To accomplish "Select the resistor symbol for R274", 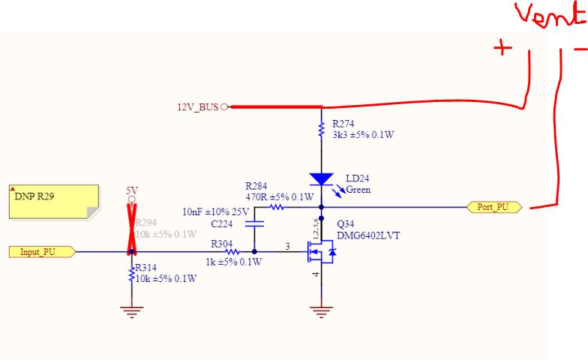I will coord(321,128).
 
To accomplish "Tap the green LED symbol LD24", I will coord(321,179).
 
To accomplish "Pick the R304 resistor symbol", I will coord(232,252).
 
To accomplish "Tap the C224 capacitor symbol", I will coord(254,223).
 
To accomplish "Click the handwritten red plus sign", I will coord(502,48).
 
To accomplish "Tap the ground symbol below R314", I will coord(132,310).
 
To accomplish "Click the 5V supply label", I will coord(132,191).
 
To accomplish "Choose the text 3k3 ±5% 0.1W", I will coord(363,135).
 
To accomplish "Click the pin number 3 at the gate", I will coord(286,246).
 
